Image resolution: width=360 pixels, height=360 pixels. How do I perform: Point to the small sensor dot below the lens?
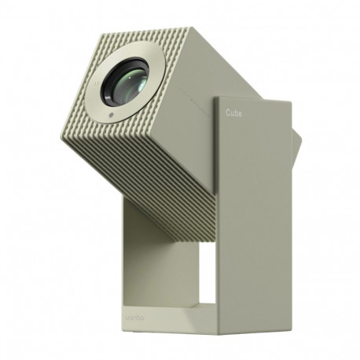point(112,116)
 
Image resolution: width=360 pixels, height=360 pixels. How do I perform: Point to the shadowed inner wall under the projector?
point(141,259)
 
